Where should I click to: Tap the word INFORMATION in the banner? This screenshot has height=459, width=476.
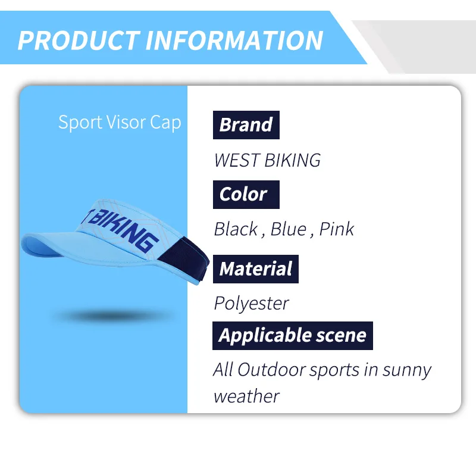click(234, 40)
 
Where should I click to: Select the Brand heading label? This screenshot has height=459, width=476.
click(246, 125)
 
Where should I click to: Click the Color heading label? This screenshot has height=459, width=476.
click(246, 195)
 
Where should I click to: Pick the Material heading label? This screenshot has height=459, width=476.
click(256, 269)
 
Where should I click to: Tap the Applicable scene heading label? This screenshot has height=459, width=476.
click(293, 336)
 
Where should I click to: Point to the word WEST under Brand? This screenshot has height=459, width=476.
click(236, 160)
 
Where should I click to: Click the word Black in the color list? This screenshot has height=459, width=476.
click(236, 229)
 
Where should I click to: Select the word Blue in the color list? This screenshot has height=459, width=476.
click(289, 229)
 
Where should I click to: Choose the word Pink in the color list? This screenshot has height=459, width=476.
click(337, 229)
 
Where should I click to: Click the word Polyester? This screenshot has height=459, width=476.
click(251, 304)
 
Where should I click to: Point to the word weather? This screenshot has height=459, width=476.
click(246, 396)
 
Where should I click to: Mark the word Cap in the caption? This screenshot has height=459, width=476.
click(165, 123)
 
